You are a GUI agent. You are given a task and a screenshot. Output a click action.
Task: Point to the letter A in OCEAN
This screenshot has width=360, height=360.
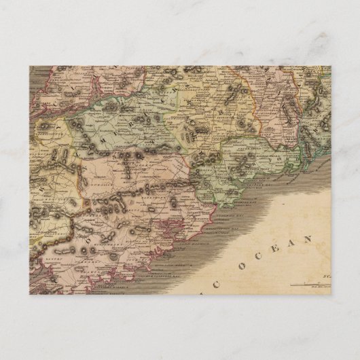[290, 241]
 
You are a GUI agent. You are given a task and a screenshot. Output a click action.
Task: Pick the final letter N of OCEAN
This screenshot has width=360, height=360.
[308, 238]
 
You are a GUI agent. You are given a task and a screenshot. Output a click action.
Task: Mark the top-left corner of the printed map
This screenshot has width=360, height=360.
[29, 66]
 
